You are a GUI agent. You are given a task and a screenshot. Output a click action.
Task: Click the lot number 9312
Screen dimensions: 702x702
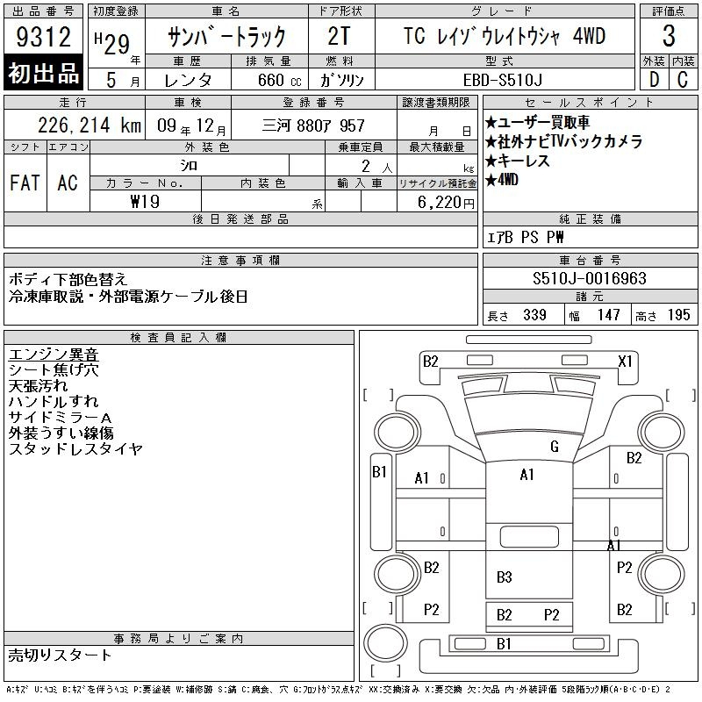point(43,37)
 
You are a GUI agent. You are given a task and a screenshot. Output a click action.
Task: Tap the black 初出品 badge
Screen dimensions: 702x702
point(43,72)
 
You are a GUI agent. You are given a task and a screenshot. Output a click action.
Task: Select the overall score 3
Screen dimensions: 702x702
point(669,36)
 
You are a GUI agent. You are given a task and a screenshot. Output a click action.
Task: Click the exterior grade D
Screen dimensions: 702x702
point(654,80)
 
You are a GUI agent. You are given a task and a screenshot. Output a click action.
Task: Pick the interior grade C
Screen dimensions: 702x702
point(683,80)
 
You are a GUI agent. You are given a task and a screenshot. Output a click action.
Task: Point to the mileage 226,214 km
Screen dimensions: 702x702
point(90,125)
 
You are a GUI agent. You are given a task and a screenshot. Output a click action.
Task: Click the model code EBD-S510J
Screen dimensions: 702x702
point(502,80)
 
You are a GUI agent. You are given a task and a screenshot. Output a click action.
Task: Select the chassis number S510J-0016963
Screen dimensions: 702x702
point(589,278)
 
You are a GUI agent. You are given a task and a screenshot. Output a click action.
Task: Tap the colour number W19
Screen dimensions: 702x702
point(145,202)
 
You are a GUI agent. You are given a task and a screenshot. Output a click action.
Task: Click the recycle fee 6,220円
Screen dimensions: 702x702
point(446,203)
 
